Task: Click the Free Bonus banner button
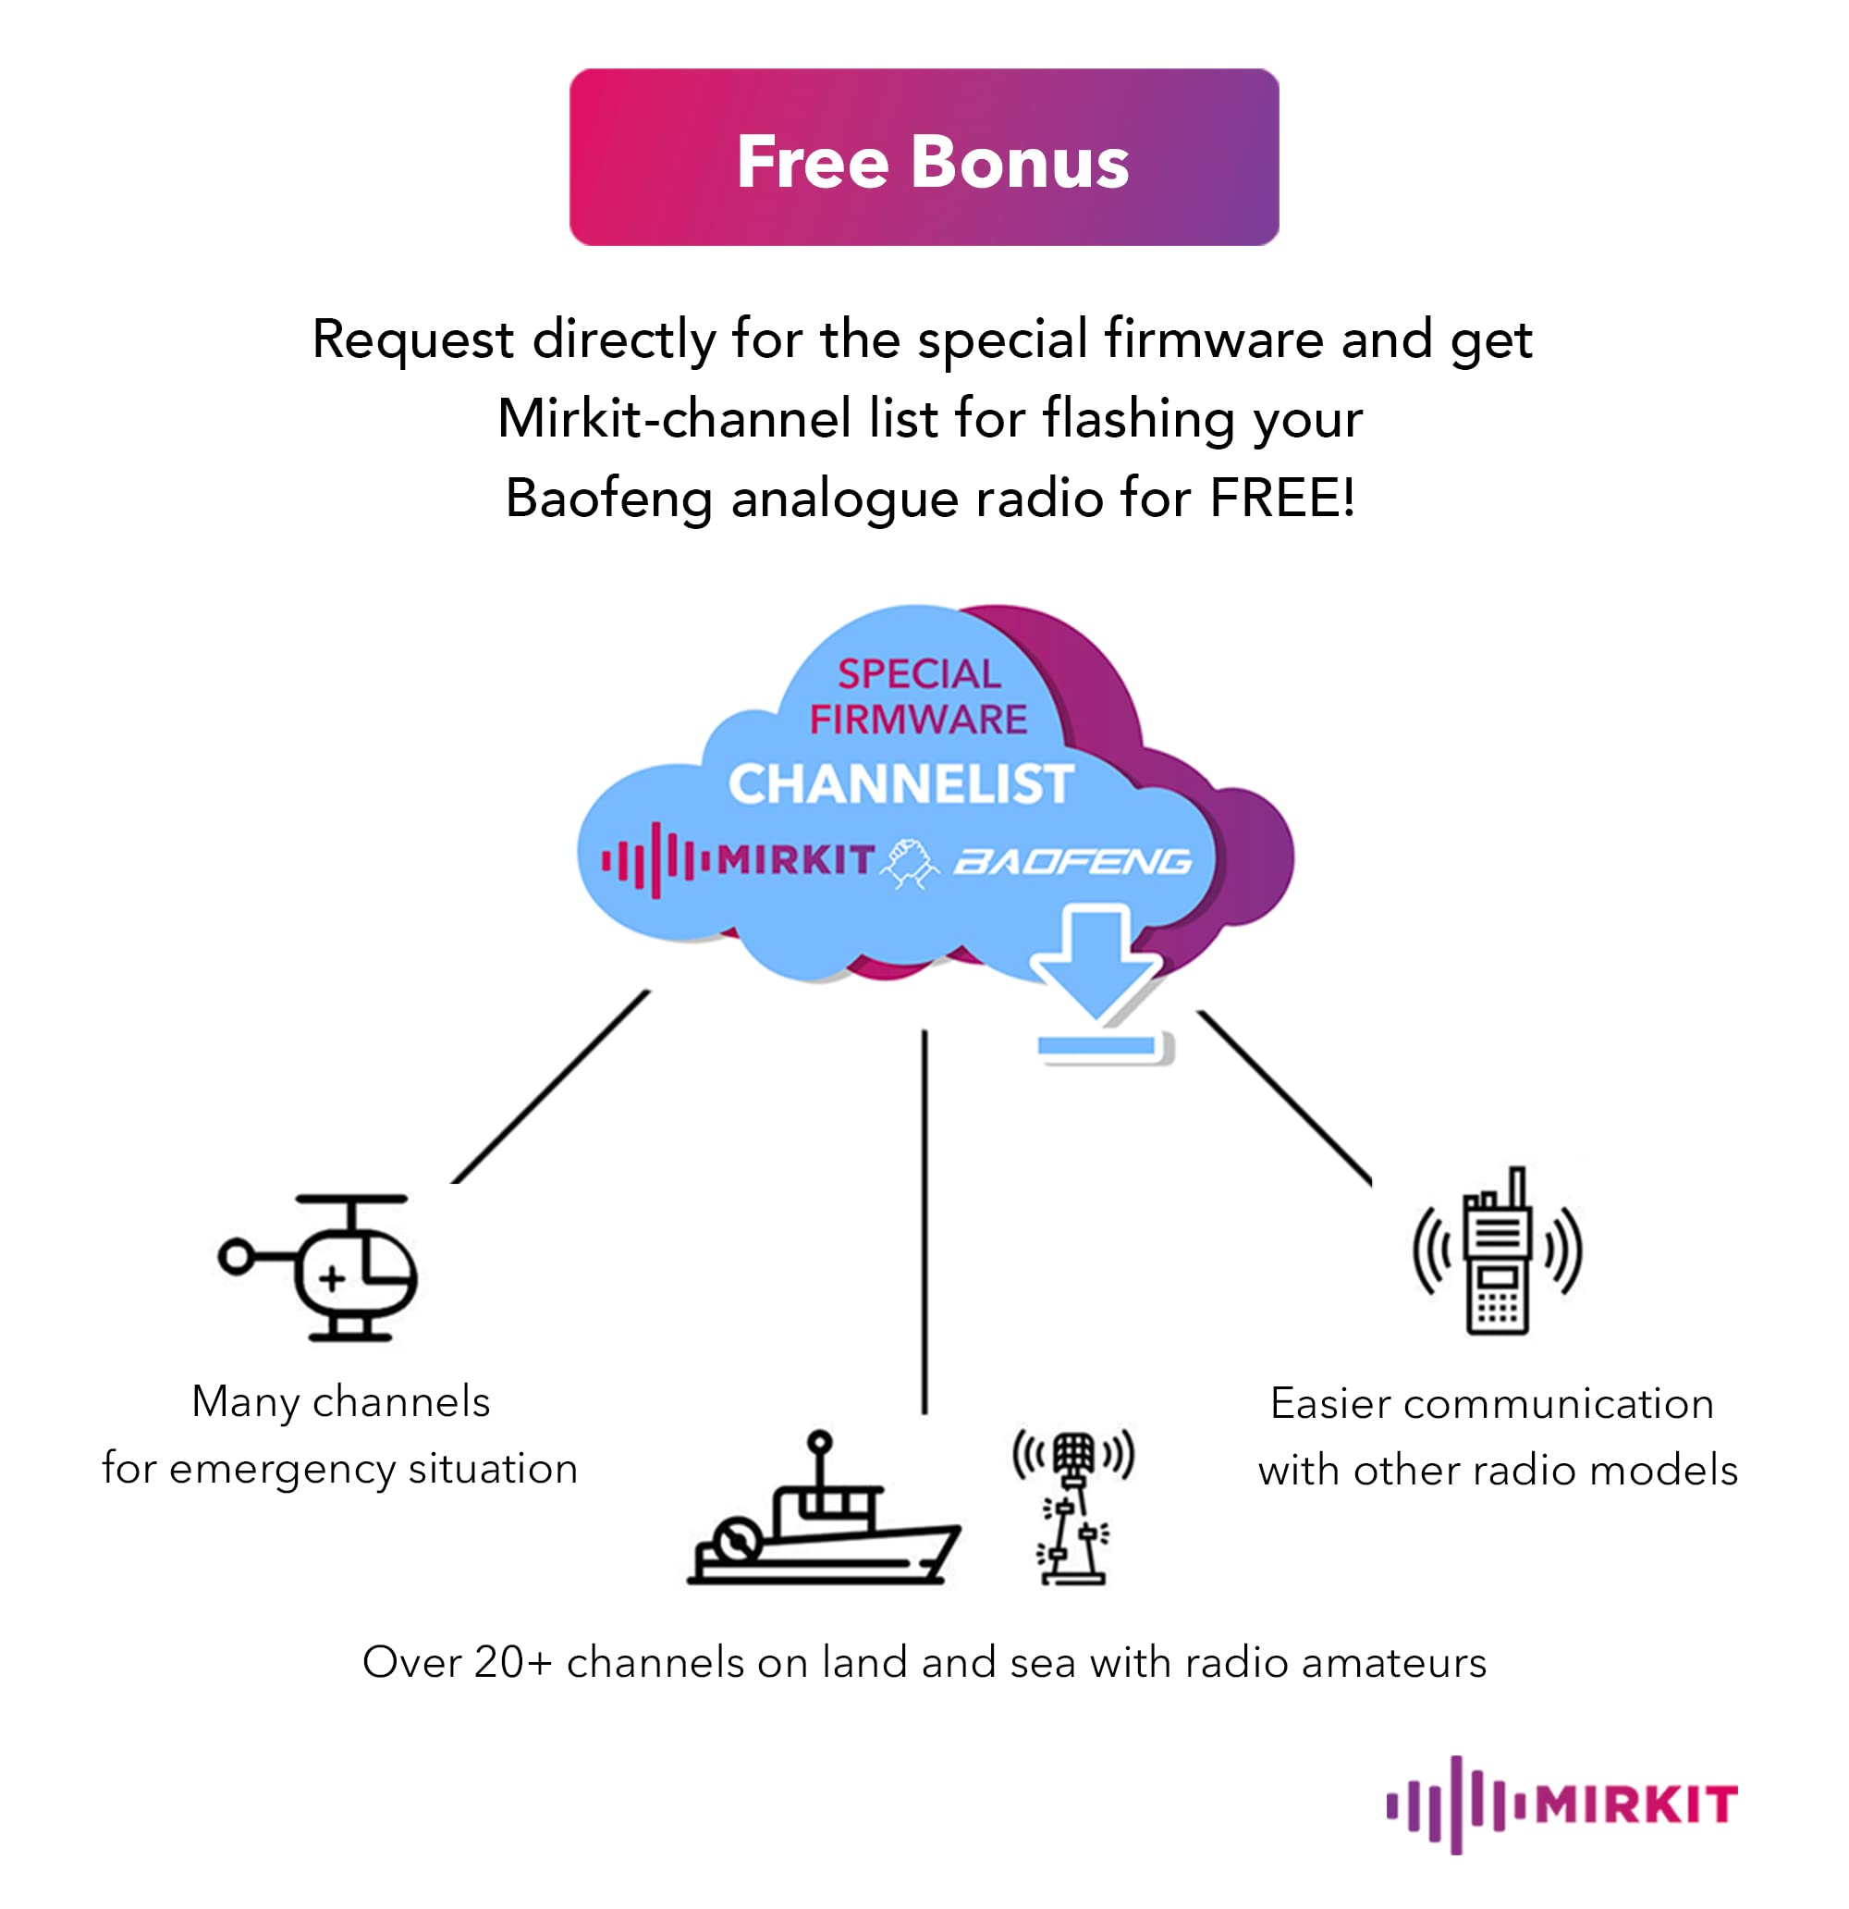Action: coord(923,157)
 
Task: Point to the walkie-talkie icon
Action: coord(1498,1255)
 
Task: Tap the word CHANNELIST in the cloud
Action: coord(900,784)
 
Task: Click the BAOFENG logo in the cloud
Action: coord(1072,862)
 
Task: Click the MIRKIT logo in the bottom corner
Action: coord(1561,1804)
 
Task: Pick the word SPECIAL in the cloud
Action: coord(918,674)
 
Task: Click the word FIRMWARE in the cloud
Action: coord(918,720)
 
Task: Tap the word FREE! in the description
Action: coord(1281,499)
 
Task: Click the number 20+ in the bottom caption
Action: coord(513,1663)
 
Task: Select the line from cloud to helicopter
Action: coord(551,1087)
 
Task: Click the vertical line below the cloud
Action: coord(924,1223)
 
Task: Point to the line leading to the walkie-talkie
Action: coord(1284,1098)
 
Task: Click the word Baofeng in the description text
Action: coord(609,499)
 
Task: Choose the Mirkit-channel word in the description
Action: coord(675,419)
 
